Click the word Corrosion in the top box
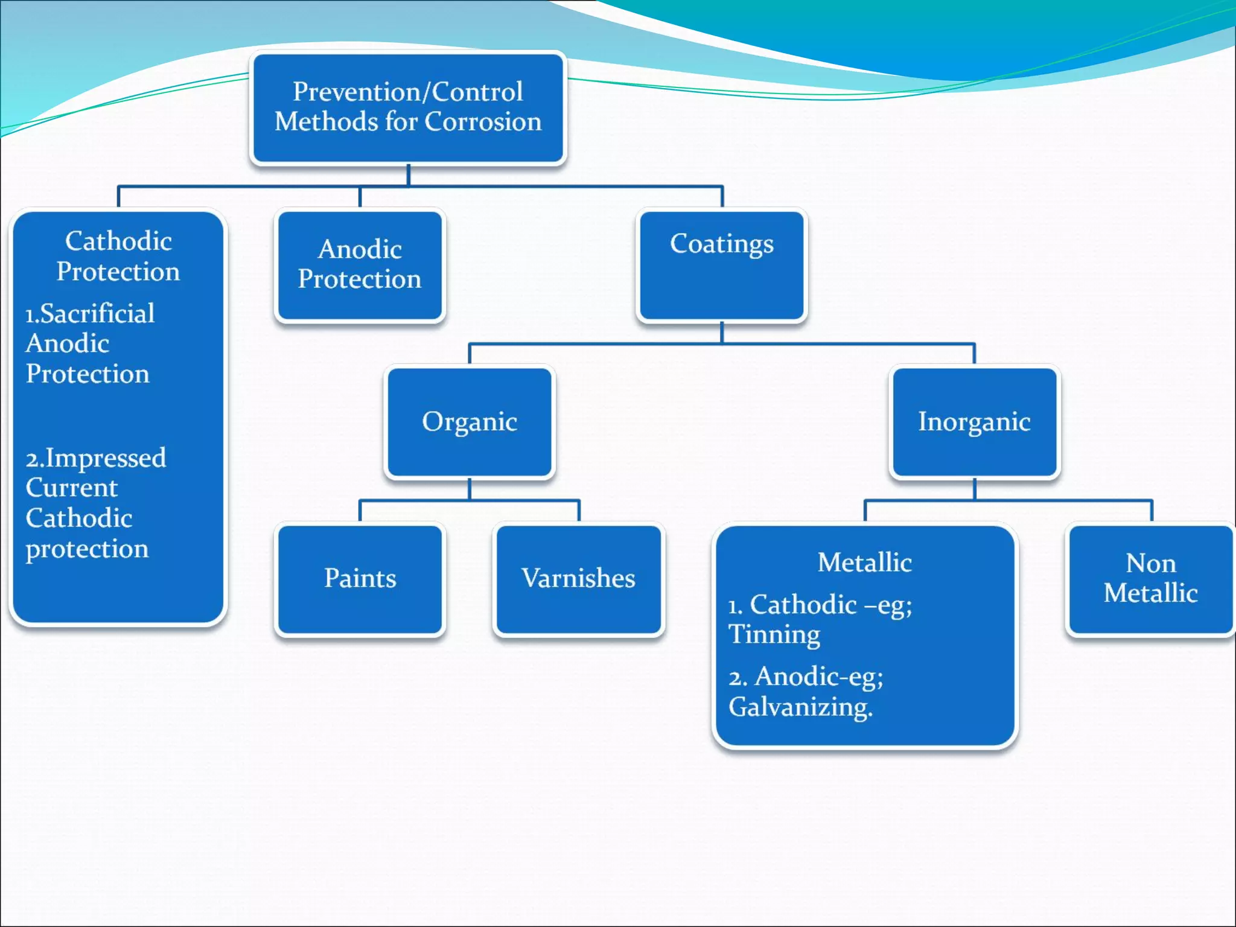point(483,122)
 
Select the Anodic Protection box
point(360,265)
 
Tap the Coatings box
point(722,265)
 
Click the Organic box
point(470,422)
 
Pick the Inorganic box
point(974,422)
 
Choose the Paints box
point(360,579)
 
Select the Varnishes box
point(578,579)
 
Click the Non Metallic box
point(1150,579)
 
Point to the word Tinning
point(774,635)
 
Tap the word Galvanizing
point(800,707)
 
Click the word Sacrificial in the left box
point(97,314)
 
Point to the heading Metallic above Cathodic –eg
point(864,562)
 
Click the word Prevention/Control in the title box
point(408,92)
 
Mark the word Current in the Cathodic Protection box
point(71,488)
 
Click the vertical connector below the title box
point(409,175)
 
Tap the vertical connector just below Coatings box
point(722,333)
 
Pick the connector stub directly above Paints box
point(360,511)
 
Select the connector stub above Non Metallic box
point(1152,511)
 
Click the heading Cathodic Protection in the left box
point(118,256)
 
